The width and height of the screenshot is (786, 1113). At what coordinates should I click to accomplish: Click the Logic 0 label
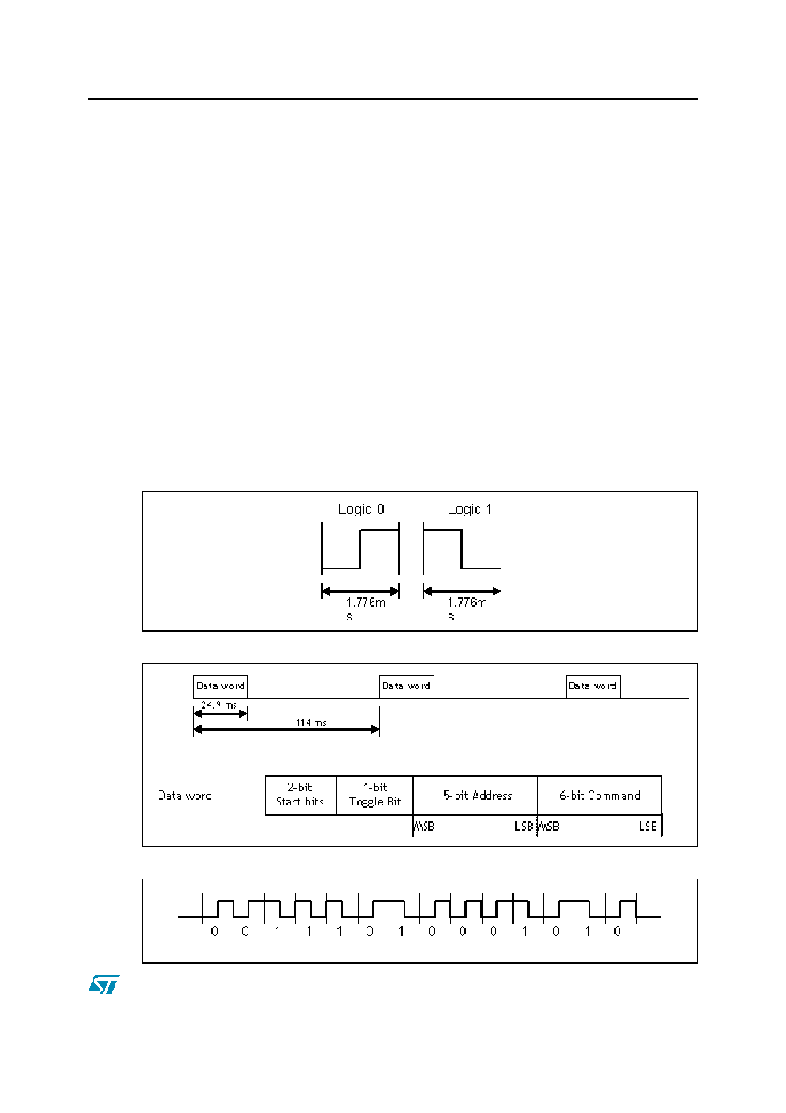click(x=361, y=509)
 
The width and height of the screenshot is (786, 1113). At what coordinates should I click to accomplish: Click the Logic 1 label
click(x=469, y=509)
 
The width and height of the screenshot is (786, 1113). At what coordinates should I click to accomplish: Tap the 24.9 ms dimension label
click(x=219, y=705)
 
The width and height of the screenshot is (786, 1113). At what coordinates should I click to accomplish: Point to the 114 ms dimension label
click(x=311, y=723)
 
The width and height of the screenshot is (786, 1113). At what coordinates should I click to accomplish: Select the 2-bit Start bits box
click(x=300, y=796)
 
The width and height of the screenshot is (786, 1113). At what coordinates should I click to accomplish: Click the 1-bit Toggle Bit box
click(x=374, y=796)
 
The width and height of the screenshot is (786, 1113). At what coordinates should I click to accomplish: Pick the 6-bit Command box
click(x=599, y=796)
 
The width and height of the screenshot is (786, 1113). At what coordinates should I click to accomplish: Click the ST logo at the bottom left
click(x=104, y=983)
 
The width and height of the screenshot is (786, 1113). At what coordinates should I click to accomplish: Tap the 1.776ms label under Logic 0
click(x=365, y=609)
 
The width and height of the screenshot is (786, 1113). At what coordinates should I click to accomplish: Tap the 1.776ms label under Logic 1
click(x=466, y=609)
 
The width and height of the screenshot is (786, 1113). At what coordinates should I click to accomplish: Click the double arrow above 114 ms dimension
click(x=286, y=730)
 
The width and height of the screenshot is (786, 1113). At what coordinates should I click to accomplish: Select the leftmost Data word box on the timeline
click(x=220, y=686)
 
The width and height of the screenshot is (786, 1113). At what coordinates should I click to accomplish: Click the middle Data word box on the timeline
click(x=406, y=686)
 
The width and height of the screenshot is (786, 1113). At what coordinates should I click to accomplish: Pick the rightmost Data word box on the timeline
click(x=593, y=686)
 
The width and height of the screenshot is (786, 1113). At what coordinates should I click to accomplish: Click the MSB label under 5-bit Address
click(x=424, y=827)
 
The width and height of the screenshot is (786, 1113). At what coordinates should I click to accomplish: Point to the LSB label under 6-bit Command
click(x=648, y=827)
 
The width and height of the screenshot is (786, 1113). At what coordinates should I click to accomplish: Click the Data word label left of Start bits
click(x=185, y=796)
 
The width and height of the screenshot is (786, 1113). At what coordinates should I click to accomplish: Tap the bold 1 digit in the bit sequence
click(x=401, y=931)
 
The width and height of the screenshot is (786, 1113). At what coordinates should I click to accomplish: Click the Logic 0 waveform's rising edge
click(x=360, y=548)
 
